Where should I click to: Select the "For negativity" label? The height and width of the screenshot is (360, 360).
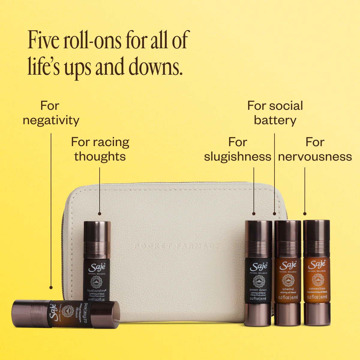coord(51,113)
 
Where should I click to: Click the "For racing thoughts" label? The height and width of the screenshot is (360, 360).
coord(100,149)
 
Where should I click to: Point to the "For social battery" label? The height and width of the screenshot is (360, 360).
coord(275,113)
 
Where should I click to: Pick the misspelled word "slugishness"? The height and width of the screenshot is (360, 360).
coord(237,157)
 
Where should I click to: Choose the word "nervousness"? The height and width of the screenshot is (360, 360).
coord(315,157)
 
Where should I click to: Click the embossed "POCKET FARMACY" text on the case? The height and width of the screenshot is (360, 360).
coord(177,246)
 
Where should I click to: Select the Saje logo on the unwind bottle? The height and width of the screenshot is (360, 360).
coord(288,265)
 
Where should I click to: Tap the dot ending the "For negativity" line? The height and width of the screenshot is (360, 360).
coord(51,287)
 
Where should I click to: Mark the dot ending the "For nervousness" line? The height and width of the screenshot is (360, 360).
coord(305,214)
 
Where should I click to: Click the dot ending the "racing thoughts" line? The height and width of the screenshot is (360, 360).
coord(100,214)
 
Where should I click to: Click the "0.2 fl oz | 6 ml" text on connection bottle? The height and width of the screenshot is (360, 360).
coord(317,297)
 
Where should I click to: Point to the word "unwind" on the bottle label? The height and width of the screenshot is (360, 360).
coord(288,289)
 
